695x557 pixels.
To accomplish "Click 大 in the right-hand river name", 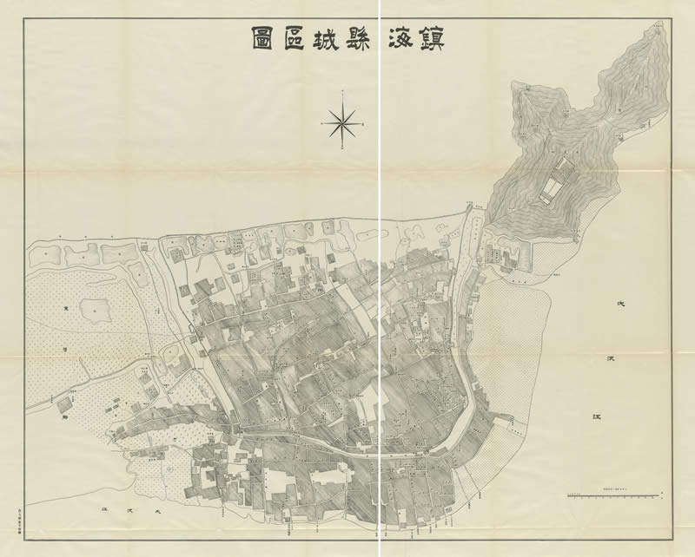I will [x=620, y=305].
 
